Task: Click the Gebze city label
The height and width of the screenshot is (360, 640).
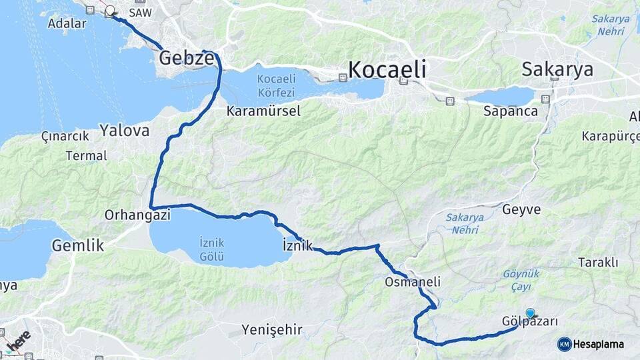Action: (x=186, y=59)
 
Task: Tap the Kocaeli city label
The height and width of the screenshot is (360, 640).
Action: (x=387, y=69)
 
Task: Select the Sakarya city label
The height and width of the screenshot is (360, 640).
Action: (x=557, y=69)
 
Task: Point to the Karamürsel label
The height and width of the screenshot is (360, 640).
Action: (x=263, y=111)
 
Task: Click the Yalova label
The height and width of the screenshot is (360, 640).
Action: (x=125, y=130)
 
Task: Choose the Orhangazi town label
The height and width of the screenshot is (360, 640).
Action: (x=138, y=215)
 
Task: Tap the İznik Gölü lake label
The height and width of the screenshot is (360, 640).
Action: (x=212, y=249)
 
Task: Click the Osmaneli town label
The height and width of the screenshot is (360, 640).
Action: (x=413, y=282)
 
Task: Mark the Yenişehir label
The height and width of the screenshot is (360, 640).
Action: (x=272, y=329)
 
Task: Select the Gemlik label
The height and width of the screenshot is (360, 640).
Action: (x=78, y=245)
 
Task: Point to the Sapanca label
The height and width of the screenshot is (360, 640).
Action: (x=511, y=111)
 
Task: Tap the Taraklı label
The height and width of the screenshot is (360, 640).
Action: (x=599, y=262)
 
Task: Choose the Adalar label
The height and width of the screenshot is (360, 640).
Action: (x=67, y=23)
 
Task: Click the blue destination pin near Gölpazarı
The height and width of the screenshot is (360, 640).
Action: (x=531, y=313)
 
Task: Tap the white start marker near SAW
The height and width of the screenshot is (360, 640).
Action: (x=110, y=11)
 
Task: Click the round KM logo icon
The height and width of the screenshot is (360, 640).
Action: (x=565, y=344)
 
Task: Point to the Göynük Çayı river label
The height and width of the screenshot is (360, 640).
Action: (x=521, y=279)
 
